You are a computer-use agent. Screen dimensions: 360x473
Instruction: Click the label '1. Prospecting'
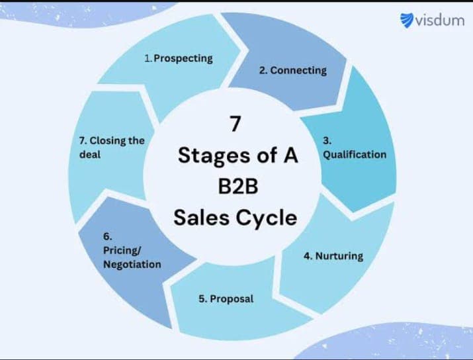pyautogui.click(x=179, y=58)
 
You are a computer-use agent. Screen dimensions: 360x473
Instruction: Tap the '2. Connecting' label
pyautogui.click(x=292, y=70)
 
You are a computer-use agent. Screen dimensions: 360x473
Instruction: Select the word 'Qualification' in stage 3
pyautogui.click(x=354, y=154)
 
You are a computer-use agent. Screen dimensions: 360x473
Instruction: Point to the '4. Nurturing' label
pyautogui.click(x=333, y=256)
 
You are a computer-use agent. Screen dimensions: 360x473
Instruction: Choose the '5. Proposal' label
pyautogui.click(x=226, y=299)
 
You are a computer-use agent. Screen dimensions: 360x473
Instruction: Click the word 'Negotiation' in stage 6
pyautogui.click(x=132, y=264)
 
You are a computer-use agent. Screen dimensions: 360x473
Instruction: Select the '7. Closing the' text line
pyautogui.click(x=111, y=141)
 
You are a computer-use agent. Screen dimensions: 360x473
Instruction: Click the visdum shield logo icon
pyautogui.click(x=408, y=20)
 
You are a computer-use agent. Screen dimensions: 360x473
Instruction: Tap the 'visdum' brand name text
pyautogui.click(x=440, y=20)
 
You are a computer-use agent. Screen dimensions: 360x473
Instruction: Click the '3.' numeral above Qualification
pyautogui.click(x=327, y=140)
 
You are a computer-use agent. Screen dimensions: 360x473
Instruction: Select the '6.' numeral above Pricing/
pyautogui.click(x=108, y=236)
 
